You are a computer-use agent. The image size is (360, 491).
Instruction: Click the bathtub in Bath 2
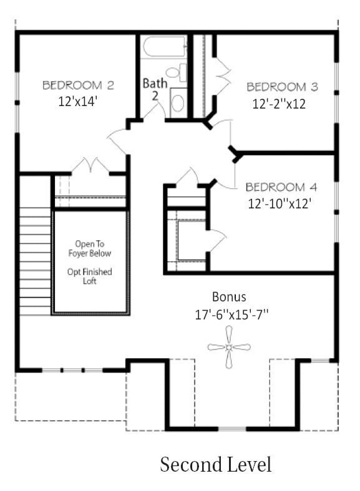click(x=163, y=47)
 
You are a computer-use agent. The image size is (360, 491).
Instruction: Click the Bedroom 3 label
click(x=282, y=87)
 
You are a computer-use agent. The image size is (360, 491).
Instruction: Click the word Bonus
click(x=229, y=296)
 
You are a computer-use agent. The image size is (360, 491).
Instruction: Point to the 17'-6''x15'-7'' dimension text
click(x=231, y=314)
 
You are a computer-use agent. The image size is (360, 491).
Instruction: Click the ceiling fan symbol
click(x=229, y=347)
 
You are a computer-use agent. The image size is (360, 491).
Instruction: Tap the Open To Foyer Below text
click(x=90, y=248)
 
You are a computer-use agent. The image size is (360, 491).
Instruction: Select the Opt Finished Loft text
click(x=90, y=276)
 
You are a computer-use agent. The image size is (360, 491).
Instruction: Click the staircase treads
click(x=35, y=262)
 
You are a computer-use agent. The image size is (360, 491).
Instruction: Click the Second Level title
click(x=216, y=465)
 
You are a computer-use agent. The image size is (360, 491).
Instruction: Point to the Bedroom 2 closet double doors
click(x=91, y=166)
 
